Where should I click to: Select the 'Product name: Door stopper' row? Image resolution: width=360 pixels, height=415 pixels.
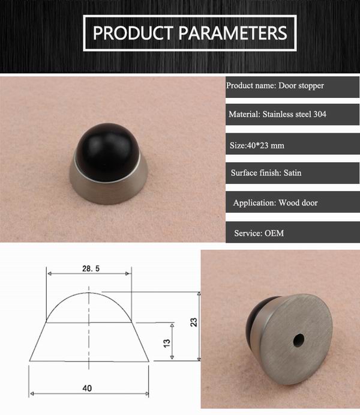pos(275,85)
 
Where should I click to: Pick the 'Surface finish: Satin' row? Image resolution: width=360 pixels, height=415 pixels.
pos(266,173)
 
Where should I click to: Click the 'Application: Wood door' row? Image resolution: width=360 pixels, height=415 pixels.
pos(275,202)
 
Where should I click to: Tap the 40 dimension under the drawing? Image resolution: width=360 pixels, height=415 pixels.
pos(88,388)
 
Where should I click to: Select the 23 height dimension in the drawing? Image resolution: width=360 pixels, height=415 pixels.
pos(193,322)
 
